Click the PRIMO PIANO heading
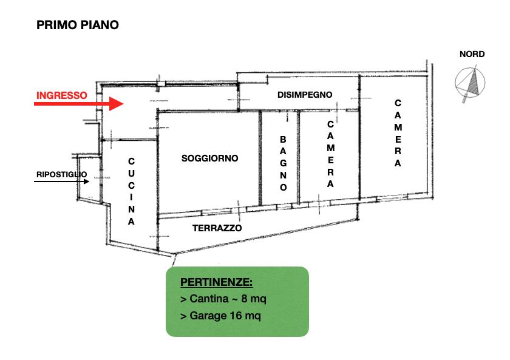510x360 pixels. tap(78, 25)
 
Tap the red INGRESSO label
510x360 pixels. tap(62, 95)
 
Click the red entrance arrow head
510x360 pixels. tap(116, 104)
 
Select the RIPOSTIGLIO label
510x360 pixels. tap(61, 174)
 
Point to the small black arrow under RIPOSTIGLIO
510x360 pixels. tap(61, 182)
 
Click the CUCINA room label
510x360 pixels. tap(131, 191)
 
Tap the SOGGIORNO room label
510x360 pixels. tap(210, 158)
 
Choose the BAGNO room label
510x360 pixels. tap(284, 163)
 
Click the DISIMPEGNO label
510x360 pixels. tap(305, 95)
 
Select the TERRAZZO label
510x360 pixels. tap(217, 228)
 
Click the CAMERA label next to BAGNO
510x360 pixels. tap(330, 154)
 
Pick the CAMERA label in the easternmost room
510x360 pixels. tap(398, 133)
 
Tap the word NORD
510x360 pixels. tap(472, 54)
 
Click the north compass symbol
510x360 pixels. tap(470, 83)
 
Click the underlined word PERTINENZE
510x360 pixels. tap(216, 282)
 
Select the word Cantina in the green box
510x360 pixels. tap(209, 299)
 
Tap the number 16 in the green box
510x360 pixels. tap(236, 316)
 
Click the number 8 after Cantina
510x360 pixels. tap(244, 299)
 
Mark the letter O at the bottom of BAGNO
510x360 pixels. tap(284, 188)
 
